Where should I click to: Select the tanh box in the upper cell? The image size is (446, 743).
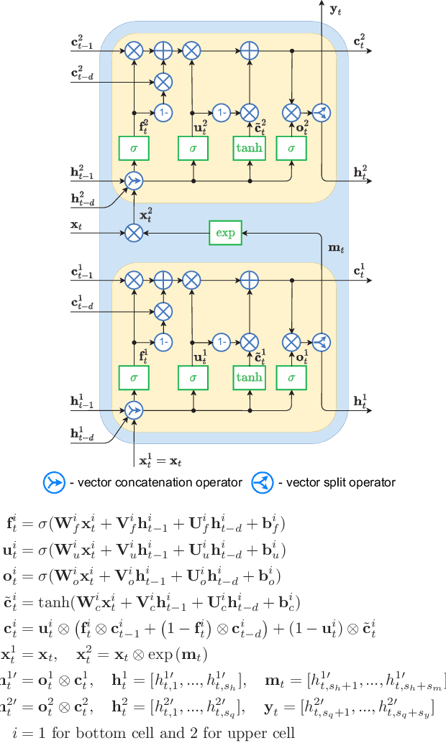[249, 148]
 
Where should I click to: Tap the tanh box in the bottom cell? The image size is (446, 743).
[249, 377]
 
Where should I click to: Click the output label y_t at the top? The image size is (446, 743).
[335, 11]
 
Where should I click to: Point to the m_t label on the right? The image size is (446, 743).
[335, 248]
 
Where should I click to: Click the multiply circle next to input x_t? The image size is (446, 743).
[134, 231]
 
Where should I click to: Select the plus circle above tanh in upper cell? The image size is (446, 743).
[249, 51]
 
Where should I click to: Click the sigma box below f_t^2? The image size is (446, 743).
[134, 148]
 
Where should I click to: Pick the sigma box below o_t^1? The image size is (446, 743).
[291, 377]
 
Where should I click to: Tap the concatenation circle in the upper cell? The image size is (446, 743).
[134, 181]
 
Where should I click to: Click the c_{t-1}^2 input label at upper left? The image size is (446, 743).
[82, 44]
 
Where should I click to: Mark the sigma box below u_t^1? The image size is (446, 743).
[192, 377]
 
